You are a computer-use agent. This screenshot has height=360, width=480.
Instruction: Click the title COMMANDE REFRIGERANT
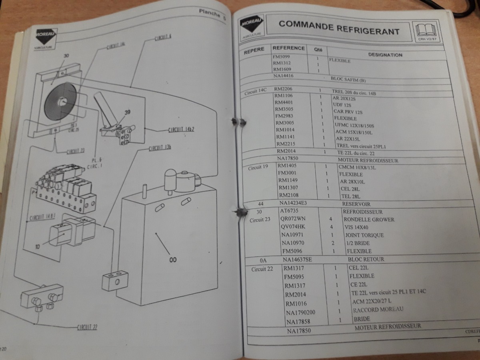pos(339,28)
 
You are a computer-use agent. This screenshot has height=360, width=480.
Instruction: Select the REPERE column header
pos(254,51)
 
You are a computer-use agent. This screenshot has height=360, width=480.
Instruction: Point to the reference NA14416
pos(284,75)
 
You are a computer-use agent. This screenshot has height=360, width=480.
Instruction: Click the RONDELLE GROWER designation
pos(368,219)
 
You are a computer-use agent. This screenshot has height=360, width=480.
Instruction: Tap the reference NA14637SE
pos(297,259)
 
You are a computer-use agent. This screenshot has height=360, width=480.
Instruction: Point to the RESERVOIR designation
pos(356,204)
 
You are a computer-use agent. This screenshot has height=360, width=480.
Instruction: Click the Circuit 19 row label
pos(258,167)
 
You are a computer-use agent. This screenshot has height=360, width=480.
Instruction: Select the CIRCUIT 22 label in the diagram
pos(87,327)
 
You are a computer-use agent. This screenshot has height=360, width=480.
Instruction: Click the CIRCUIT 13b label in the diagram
pos(160,148)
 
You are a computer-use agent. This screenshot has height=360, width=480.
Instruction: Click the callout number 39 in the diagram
pos(128,113)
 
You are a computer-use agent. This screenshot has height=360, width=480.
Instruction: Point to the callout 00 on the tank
pos(173,260)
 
